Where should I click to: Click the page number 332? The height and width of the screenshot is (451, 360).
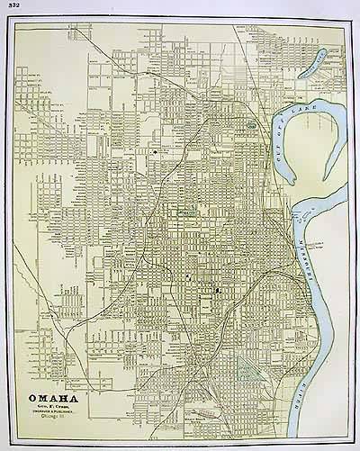pyautogui.click(x=10, y=6)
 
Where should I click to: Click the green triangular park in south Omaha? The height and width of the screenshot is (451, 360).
pyautogui.click(x=244, y=365)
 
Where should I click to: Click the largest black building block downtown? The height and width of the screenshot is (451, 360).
pyautogui.click(x=218, y=292)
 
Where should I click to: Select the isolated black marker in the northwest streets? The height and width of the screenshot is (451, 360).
pyautogui.click(x=154, y=153)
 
